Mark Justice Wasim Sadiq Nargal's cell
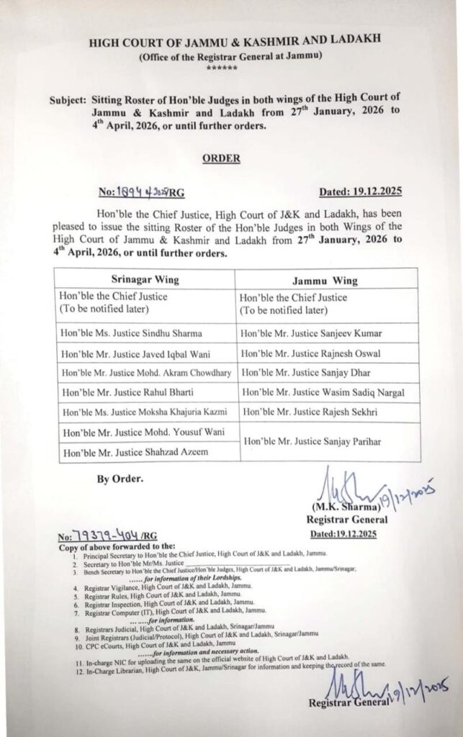pyautogui.click(x=323, y=394)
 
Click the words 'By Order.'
pyautogui.click(x=119, y=478)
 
